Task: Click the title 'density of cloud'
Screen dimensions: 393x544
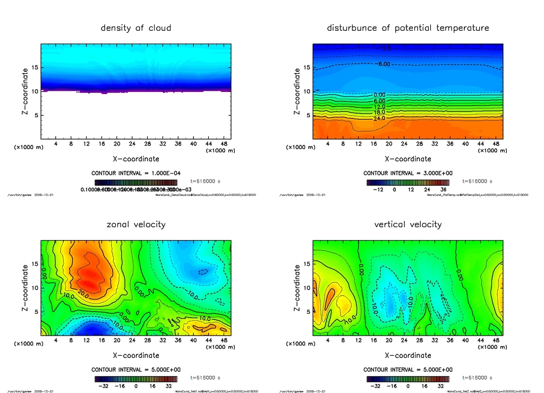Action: pos(136,28)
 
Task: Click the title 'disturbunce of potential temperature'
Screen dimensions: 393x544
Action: pos(407,28)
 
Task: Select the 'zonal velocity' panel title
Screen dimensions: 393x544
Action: pos(136,224)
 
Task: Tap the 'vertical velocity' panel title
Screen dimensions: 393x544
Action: pos(407,224)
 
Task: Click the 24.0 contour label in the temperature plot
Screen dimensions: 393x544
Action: pos(380,118)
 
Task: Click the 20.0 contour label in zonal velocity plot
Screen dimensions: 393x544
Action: pos(82,293)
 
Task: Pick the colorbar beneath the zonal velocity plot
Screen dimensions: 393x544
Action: pos(136,379)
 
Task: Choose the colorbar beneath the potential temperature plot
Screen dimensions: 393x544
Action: pos(407,182)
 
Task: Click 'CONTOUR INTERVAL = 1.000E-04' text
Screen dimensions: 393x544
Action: pos(136,173)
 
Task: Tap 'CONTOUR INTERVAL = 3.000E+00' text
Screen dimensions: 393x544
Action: pos(407,173)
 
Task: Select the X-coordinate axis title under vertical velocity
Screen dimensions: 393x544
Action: pos(407,355)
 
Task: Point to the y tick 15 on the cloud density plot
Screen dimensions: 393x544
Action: pos(35,67)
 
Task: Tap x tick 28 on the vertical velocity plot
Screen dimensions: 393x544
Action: pos(420,341)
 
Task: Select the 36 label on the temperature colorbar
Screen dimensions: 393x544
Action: pos(443,189)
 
